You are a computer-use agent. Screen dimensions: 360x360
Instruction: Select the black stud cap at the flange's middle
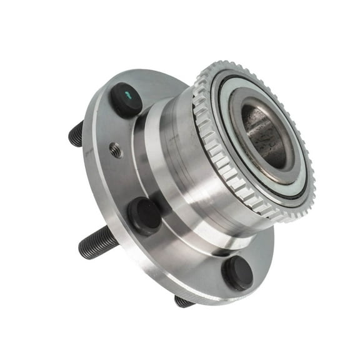click(145, 216)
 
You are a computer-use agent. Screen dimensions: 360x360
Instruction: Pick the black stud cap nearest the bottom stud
click(237, 272)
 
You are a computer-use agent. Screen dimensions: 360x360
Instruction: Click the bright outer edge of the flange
click(94, 187)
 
